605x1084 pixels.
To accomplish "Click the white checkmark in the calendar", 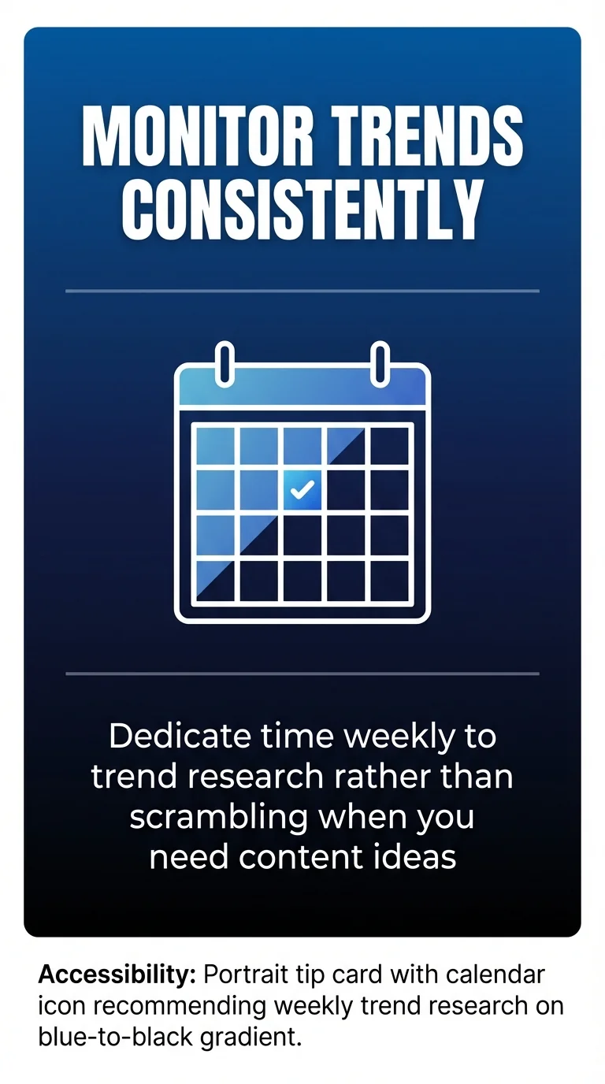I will (302, 490).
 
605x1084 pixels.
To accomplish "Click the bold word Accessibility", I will (117, 974).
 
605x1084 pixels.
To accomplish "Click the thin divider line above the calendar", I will (302, 291).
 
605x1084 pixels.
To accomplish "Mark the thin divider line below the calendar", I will (302, 674).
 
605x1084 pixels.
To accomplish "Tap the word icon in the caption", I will (60, 1006).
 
